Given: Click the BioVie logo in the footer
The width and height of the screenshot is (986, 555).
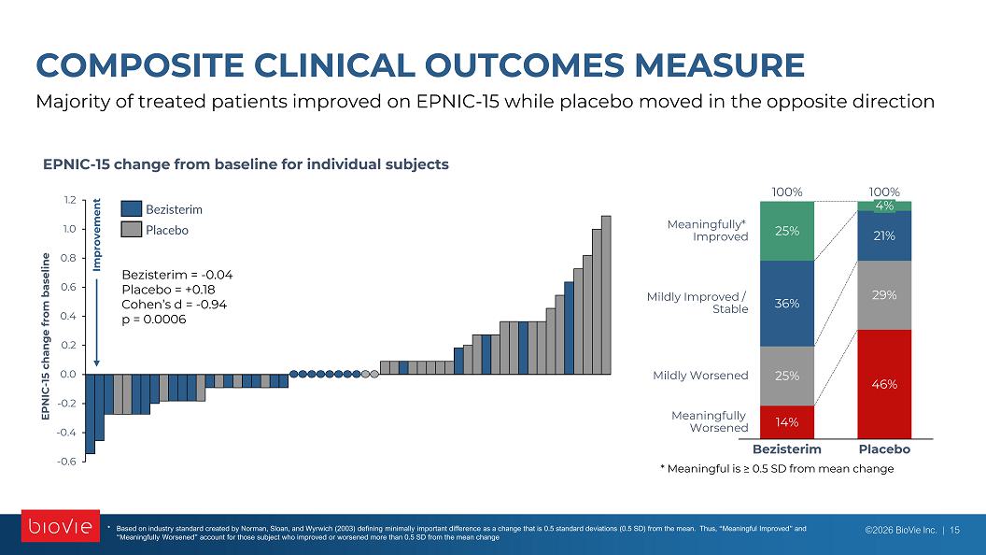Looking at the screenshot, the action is click(x=61, y=525).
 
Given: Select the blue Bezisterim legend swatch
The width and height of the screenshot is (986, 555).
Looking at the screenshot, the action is click(x=132, y=209).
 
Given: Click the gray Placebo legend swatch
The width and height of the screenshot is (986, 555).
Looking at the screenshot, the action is click(x=132, y=230).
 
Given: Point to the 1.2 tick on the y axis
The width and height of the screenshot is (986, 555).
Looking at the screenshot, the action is click(x=69, y=200).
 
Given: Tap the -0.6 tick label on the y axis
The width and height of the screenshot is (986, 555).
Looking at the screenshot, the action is click(x=66, y=462).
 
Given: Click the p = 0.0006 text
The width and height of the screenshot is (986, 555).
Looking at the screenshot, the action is click(x=154, y=319).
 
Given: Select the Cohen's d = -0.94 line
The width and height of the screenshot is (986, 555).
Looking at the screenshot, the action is click(x=175, y=305).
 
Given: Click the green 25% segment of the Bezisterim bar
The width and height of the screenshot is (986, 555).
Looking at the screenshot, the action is click(x=787, y=231).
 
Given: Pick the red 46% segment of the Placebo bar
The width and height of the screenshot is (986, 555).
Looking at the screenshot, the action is click(x=884, y=384).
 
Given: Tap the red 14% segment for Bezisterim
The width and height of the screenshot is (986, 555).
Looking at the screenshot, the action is click(x=787, y=422).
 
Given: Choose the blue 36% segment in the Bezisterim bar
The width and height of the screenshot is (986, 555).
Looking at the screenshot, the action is click(x=787, y=304).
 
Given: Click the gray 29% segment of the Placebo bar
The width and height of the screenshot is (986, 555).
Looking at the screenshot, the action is click(x=884, y=295).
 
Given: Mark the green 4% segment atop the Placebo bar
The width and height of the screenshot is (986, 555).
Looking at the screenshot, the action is click(x=884, y=206).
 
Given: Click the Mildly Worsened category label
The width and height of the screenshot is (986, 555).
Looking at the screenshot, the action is click(x=700, y=376).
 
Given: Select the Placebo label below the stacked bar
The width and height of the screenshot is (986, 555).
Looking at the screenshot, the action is click(x=884, y=449).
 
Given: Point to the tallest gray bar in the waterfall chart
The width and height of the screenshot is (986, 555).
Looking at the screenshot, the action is click(x=606, y=295).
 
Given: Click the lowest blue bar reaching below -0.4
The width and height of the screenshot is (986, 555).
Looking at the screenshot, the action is click(x=90, y=413).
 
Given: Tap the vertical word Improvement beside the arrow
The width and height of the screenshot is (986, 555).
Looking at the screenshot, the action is click(x=97, y=235).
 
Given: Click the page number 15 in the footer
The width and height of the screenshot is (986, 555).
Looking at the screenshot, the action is click(x=954, y=530).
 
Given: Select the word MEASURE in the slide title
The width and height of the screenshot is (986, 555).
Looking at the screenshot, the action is click(x=719, y=65).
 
